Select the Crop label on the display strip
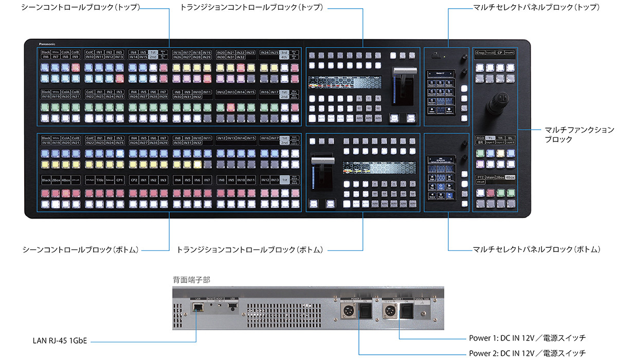[x=480, y=52]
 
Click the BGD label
[x=480, y=138]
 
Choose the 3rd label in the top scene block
[x=284, y=52]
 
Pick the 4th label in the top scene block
[x=284, y=57]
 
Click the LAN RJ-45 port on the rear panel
[x=197, y=307]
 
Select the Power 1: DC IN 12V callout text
[x=527, y=338]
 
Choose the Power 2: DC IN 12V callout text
[x=527, y=353]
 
